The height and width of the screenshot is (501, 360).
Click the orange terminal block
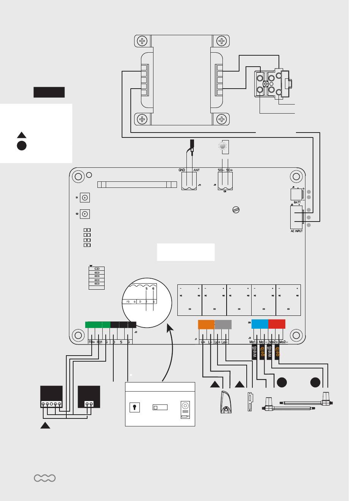point(206,325)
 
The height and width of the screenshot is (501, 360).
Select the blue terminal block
point(260,325)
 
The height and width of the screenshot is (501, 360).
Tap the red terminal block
point(277,325)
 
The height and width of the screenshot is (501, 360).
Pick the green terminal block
point(97,325)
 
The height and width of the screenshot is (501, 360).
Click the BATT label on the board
point(297,202)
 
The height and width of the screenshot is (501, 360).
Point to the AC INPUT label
point(296,231)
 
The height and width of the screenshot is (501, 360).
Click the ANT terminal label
point(196,170)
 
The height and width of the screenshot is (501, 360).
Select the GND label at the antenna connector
point(182,170)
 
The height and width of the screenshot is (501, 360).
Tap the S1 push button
point(85,198)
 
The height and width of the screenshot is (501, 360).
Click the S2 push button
point(85,214)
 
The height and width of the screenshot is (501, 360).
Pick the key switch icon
point(135,407)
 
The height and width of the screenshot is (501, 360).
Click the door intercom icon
point(186,409)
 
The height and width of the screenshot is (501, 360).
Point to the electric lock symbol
point(250,401)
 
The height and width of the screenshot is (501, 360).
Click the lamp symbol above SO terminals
point(223,146)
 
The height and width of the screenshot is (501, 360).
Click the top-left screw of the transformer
point(142,41)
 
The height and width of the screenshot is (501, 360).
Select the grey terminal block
point(223,325)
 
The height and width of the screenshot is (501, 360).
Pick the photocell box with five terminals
point(52,396)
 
